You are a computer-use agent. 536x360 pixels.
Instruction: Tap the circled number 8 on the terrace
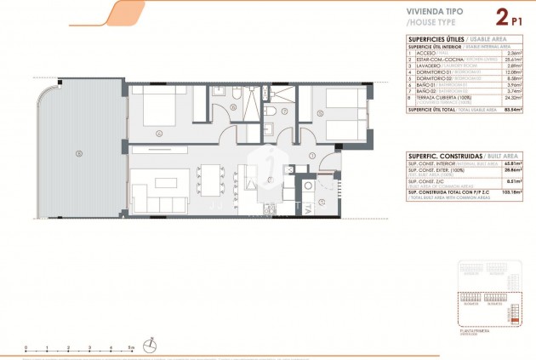tap(79, 153)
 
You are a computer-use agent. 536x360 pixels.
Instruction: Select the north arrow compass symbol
tap(151, 344)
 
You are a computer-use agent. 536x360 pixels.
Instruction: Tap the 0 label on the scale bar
tap(26, 348)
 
